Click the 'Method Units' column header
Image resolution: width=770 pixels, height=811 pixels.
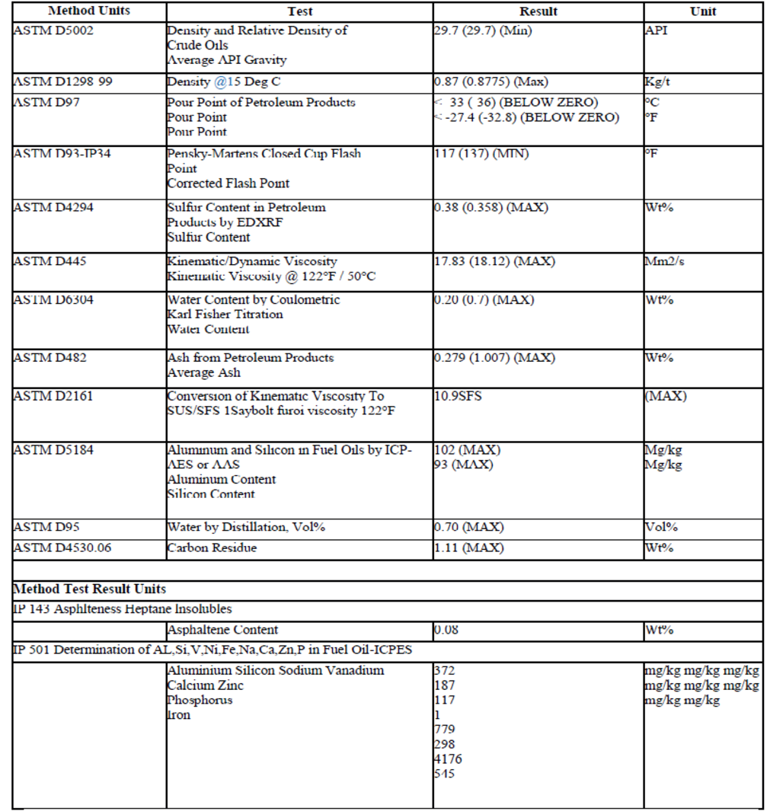tap(89, 11)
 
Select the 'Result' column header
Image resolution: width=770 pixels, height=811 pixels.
tap(538, 11)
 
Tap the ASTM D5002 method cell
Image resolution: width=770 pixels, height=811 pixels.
tap(53, 30)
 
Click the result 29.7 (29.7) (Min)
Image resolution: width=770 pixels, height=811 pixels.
tap(483, 30)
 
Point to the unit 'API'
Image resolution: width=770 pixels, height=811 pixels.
tap(657, 30)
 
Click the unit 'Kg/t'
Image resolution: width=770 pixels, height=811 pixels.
tap(657, 81)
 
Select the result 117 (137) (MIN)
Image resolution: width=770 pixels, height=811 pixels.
tap(481, 154)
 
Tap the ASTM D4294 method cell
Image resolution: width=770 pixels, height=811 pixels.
tap(53, 207)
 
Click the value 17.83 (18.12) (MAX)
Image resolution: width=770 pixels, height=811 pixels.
tap(494, 261)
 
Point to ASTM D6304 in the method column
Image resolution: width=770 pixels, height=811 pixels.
tap(53, 299)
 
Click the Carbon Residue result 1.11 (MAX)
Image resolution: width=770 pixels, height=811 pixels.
tap(468, 548)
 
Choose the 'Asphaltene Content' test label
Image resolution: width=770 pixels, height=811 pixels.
tap(222, 630)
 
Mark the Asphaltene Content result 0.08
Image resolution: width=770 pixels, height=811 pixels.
tap(446, 630)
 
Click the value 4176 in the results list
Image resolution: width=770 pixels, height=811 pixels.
tap(448, 759)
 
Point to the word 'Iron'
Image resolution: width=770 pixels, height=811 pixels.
tap(179, 715)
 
